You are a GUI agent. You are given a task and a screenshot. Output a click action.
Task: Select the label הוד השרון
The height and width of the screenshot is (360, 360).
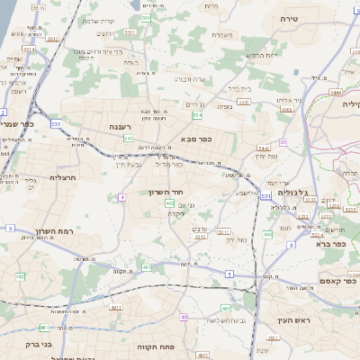tap(166, 193)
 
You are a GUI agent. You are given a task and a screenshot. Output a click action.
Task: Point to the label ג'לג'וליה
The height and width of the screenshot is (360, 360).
tap(292, 193)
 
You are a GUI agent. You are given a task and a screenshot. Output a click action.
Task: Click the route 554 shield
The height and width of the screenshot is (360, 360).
tap(196, 115)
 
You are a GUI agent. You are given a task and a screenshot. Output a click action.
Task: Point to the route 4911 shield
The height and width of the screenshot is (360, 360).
tap(115, 308)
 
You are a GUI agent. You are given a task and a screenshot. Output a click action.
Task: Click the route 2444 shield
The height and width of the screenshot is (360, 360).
tap(336, 92)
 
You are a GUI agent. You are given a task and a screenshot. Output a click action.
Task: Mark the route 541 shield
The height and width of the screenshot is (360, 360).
tap(129, 139)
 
